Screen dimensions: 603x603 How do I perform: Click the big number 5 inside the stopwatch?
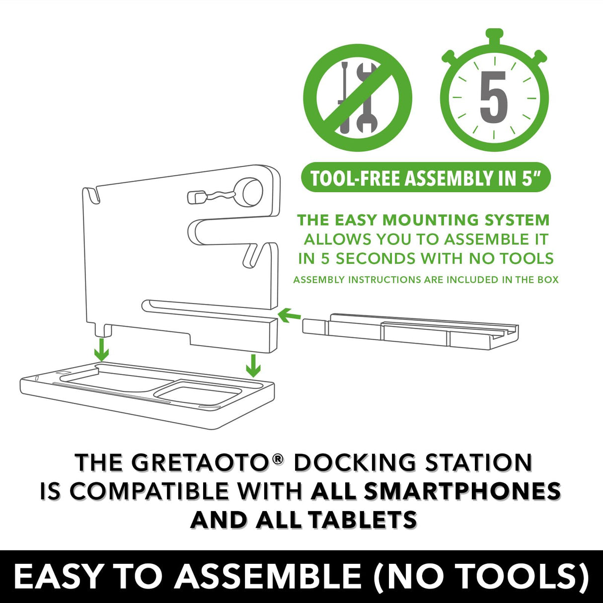tap(493, 97)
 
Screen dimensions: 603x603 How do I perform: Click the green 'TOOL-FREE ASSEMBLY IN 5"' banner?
tap(426, 177)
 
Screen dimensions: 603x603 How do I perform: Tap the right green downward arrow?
tap(253, 365)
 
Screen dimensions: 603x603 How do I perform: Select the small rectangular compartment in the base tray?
tap(198, 390)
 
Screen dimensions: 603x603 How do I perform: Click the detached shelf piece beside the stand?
tap(410, 329)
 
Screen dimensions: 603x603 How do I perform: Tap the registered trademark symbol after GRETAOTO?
tap(278, 459)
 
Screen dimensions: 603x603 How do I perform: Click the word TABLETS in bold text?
tap(362, 520)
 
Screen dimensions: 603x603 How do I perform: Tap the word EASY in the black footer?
tap(58, 577)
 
